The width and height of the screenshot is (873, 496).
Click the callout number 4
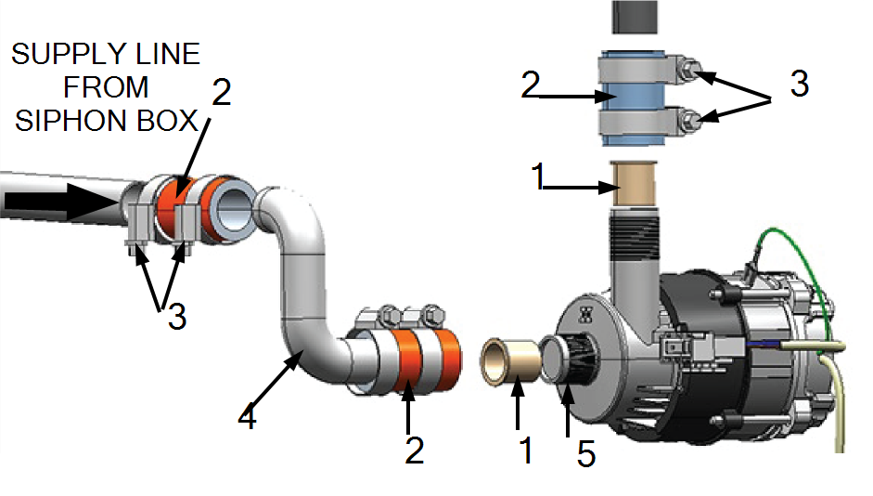pyautogui.click(x=247, y=417)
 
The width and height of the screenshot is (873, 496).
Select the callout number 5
pyautogui.click(x=586, y=453)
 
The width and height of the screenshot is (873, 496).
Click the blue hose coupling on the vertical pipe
pyautogui.click(x=634, y=98)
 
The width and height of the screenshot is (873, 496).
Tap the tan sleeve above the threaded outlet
pyautogui.click(x=635, y=185)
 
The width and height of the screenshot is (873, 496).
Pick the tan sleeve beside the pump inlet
pyautogui.click(x=510, y=361)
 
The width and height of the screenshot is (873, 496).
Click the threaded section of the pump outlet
pyautogui.click(x=635, y=237)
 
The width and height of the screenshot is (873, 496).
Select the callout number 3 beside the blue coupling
pyautogui.click(x=800, y=84)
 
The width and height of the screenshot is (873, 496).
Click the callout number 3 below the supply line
pyautogui.click(x=177, y=317)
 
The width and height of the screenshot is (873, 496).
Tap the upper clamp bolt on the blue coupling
pyautogui.click(x=689, y=71)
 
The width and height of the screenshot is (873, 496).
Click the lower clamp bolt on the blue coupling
pyautogui.click(x=689, y=119)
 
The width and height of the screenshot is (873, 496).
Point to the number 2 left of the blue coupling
pyautogui.click(x=531, y=85)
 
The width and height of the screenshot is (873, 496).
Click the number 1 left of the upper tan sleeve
pyautogui.click(x=538, y=176)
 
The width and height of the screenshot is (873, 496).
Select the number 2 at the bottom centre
pyautogui.click(x=414, y=450)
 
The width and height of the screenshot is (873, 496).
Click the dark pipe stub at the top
pyautogui.click(x=635, y=17)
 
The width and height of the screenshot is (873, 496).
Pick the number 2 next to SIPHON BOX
pyautogui.click(x=221, y=93)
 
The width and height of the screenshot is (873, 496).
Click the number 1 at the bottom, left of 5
pyautogui.click(x=526, y=450)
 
